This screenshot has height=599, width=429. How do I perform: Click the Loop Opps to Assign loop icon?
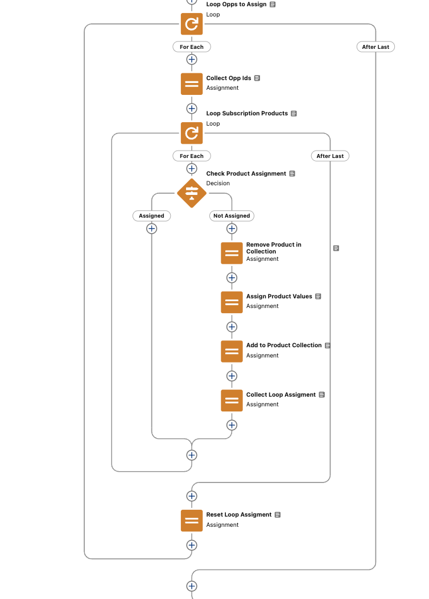(192, 24)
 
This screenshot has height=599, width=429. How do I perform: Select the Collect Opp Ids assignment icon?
(192, 84)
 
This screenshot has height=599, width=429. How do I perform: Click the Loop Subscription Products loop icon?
(192, 133)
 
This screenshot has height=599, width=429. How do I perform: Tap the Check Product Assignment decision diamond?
(192, 193)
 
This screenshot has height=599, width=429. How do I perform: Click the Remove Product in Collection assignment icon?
(232, 253)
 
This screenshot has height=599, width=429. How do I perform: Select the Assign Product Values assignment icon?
(232, 302)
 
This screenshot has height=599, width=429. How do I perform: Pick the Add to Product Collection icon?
(232, 351)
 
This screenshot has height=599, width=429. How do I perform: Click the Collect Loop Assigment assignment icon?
(232, 400)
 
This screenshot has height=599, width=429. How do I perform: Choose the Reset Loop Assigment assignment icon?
(192, 521)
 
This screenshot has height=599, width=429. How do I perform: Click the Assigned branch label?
(151, 216)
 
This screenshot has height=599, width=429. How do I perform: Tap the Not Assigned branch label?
(232, 216)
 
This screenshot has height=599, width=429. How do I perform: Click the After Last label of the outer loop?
(376, 47)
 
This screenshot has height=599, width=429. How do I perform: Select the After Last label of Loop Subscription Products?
(330, 156)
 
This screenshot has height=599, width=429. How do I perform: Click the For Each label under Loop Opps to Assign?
(192, 47)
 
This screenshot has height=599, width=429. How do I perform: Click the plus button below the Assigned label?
(151, 229)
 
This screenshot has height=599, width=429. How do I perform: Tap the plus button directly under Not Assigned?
(232, 229)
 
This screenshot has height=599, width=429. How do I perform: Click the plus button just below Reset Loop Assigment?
(192, 545)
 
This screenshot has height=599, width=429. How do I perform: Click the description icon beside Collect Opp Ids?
(257, 78)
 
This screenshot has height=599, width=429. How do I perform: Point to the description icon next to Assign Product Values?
(318, 297)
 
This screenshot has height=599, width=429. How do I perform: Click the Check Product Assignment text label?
(246, 173)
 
